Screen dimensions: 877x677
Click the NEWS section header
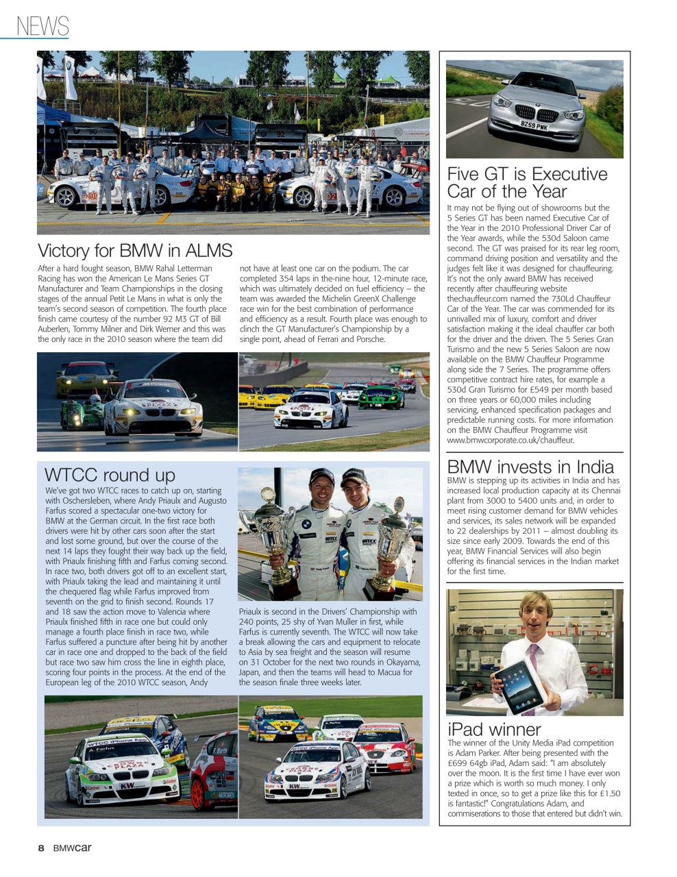point(42,26)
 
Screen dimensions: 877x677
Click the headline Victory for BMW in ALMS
point(135,251)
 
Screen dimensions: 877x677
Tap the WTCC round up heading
point(110,475)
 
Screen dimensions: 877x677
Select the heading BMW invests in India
point(530,467)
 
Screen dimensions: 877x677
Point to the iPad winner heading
point(494,729)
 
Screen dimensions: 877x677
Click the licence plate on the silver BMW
point(534,126)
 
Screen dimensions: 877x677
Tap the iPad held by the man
point(519,687)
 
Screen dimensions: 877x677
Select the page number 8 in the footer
point(41,848)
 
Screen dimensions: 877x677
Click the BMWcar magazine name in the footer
point(73,848)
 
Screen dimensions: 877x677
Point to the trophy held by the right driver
point(392,541)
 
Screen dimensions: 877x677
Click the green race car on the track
point(380,397)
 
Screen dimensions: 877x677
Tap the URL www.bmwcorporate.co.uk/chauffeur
point(500,441)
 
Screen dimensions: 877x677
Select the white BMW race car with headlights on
point(154,408)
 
